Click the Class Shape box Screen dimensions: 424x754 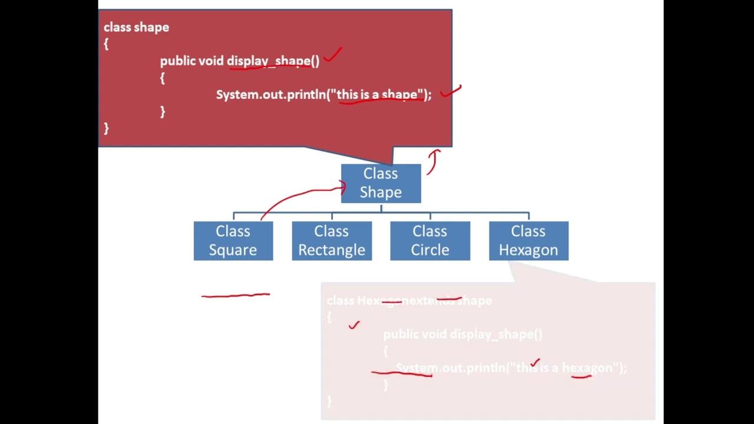(381, 183)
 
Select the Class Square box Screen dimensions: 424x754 (233, 241)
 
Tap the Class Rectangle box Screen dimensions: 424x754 (332, 241)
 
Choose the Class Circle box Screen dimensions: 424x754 (430, 241)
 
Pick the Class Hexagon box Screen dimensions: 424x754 (528, 241)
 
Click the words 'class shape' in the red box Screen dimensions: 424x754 (136, 27)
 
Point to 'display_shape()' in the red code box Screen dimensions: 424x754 (273, 61)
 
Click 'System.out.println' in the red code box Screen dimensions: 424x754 (270, 94)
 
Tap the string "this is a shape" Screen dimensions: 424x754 (380, 94)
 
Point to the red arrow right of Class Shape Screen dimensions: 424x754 (433, 161)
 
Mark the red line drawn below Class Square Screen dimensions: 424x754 (236, 295)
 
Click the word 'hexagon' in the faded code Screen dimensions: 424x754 (587, 368)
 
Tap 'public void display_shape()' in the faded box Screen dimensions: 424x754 (462, 334)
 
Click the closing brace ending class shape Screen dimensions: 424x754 (106, 128)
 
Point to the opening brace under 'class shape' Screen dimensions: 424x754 (106, 44)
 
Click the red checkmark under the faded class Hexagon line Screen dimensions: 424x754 (353, 324)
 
